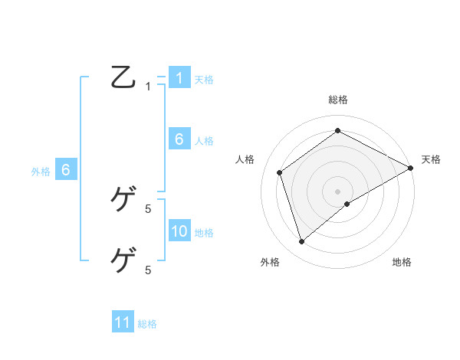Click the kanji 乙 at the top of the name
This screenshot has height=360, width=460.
[x=123, y=78]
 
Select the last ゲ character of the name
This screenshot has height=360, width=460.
[x=123, y=261]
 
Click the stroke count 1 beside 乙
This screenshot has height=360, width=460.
[x=148, y=87]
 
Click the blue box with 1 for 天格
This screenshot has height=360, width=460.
[x=179, y=78]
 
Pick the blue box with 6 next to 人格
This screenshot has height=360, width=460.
[x=179, y=139]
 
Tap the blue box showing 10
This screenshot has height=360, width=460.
[x=179, y=231]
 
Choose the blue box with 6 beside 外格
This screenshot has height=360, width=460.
[x=66, y=170]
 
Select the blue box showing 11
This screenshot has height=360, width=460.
[x=123, y=322]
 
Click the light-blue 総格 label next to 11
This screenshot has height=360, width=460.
[x=147, y=324]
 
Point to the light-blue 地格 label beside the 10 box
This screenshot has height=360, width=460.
[x=204, y=233]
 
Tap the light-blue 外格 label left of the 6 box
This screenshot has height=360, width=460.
[x=41, y=172]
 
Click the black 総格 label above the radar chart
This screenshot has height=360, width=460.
[x=338, y=100]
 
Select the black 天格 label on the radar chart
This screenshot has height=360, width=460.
[x=431, y=159]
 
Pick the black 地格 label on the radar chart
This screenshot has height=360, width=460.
[x=402, y=262]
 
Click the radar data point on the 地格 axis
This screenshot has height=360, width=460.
[x=347, y=204]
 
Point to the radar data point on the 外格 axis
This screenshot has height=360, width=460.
[x=301, y=242]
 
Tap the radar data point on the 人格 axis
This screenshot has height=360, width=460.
[x=280, y=172]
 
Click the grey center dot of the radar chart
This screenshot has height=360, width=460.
[x=338, y=191]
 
